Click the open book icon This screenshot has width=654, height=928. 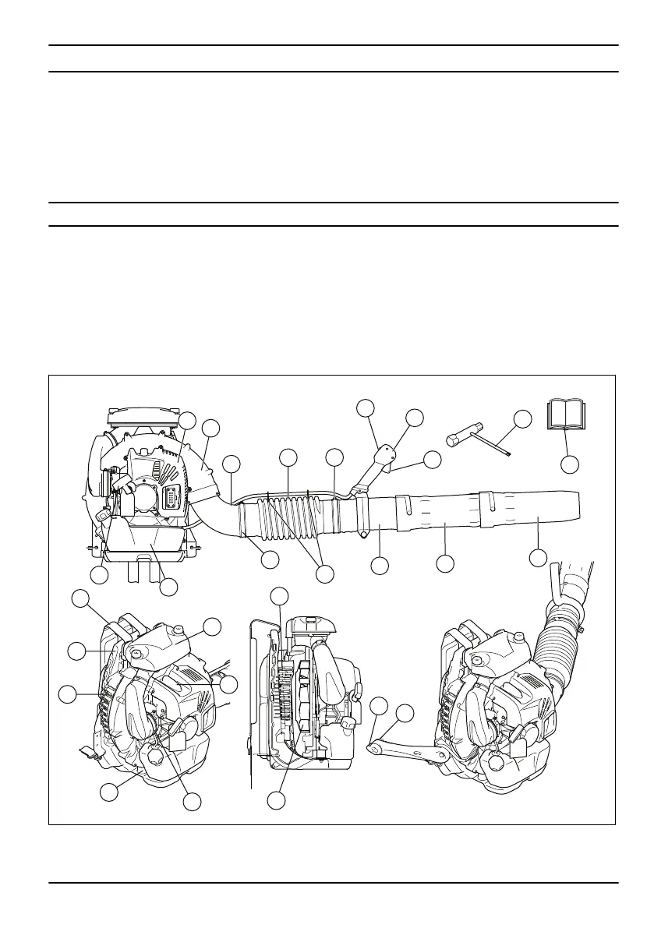coord(567,417)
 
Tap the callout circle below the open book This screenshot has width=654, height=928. coord(571,464)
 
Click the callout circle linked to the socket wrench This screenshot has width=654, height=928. coord(523,418)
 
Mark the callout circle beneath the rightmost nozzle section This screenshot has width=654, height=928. coord(538,558)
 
